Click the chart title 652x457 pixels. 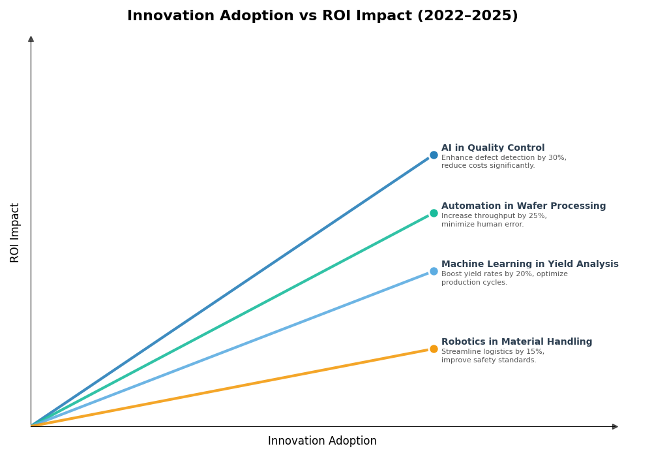pos(322,16)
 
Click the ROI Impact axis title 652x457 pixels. pos(15,232)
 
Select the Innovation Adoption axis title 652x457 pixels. pos(322,441)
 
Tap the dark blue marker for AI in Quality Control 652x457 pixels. pos(434,155)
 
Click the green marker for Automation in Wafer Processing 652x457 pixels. pos(434,213)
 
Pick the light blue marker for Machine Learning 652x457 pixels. pos(434,272)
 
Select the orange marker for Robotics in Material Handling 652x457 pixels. pos(434,349)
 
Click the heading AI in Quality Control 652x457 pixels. pos(493,148)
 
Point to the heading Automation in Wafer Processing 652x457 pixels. pos(524,206)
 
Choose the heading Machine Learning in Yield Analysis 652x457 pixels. pos(529,264)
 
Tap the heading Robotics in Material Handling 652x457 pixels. pos(516,342)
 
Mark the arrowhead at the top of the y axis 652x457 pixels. pos(31,39)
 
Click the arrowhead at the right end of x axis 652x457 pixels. pos(615,426)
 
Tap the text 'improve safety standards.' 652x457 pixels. pos(488,360)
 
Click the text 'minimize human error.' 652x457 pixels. pos(482,225)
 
